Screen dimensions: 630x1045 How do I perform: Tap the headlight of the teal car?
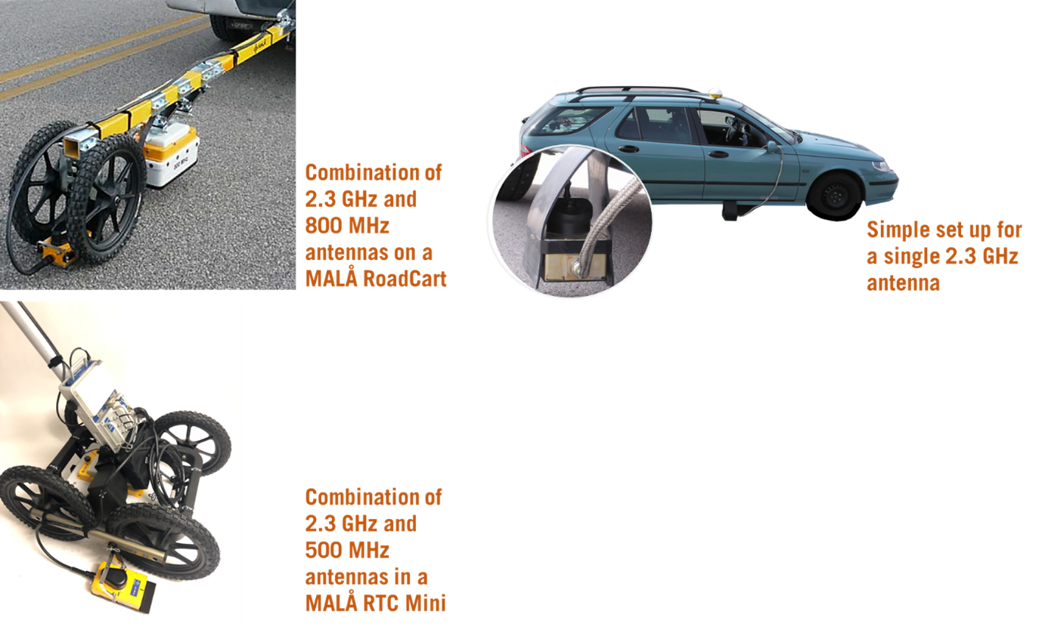tap(882, 165)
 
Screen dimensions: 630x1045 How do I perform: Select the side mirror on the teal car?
tap(772, 147)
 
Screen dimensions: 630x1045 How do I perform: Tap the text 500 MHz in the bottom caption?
tap(347, 550)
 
